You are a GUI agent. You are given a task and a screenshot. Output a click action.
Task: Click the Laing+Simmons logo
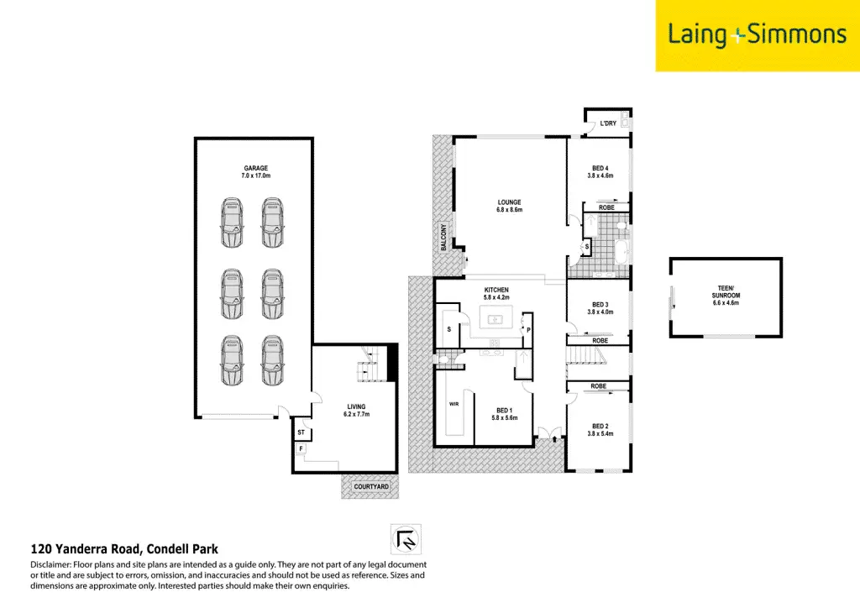click(757, 35)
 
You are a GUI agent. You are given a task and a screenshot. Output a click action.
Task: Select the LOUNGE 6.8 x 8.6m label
click(509, 206)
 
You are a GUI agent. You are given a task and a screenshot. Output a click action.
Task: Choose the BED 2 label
click(600, 429)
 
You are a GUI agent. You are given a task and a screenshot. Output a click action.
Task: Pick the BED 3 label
click(600, 307)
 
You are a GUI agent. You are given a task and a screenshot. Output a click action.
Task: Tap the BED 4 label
click(600, 172)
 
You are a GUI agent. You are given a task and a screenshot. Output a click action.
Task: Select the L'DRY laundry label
click(608, 124)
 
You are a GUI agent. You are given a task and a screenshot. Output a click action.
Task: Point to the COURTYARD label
click(370, 487)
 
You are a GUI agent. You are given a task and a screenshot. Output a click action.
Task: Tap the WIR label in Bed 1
click(453, 403)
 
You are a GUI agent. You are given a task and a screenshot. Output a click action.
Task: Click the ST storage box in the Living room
click(301, 433)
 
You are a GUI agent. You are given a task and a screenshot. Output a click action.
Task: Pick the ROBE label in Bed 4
click(606, 207)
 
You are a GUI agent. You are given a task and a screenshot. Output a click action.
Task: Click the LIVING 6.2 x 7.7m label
click(356, 411)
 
